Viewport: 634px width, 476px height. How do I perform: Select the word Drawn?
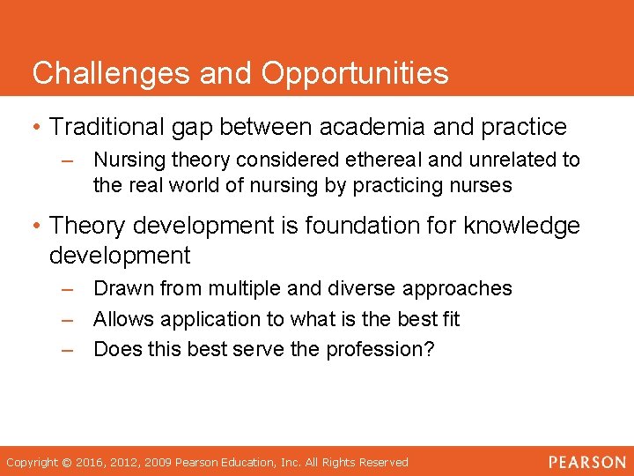[x=119, y=289]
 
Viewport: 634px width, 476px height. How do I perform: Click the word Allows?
[x=120, y=319]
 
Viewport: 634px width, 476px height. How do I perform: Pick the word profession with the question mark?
[x=380, y=349]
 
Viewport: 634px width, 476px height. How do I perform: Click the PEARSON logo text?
[x=587, y=462]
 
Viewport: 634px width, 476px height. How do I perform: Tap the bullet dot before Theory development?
[x=36, y=227]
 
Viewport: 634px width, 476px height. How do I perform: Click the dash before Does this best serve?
[x=69, y=349]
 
